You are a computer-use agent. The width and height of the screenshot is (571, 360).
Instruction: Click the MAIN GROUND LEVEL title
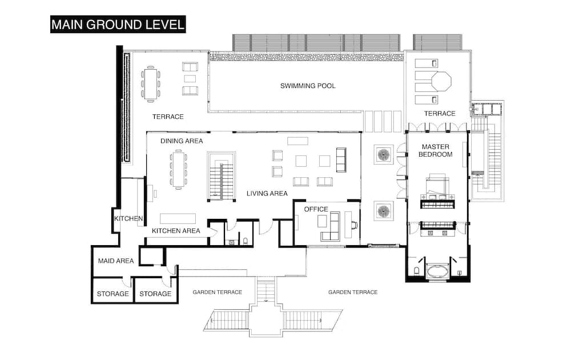117,25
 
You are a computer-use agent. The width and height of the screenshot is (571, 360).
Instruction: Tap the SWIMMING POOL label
308,86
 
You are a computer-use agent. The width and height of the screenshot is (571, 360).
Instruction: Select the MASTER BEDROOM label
436,150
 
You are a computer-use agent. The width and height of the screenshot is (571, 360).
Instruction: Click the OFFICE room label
316,209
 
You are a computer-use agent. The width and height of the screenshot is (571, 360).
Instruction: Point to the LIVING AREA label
267,194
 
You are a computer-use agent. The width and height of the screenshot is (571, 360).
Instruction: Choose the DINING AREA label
182,141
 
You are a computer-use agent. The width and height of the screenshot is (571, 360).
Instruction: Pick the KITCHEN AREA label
176,231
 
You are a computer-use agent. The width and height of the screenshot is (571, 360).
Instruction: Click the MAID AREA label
115,261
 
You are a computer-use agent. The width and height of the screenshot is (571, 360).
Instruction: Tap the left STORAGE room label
112,294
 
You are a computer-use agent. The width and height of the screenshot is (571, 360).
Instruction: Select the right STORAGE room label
155,294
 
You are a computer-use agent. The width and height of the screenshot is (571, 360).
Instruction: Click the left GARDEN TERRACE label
217,292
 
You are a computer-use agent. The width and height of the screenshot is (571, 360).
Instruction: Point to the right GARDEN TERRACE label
353,292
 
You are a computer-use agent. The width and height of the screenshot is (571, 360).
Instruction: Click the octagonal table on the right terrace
441,81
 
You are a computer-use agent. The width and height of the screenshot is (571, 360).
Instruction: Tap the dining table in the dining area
178,169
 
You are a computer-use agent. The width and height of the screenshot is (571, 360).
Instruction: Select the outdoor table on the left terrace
151,84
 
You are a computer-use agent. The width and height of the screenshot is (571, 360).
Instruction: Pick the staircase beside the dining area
222,177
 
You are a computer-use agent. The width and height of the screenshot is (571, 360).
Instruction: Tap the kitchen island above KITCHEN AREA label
178,218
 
